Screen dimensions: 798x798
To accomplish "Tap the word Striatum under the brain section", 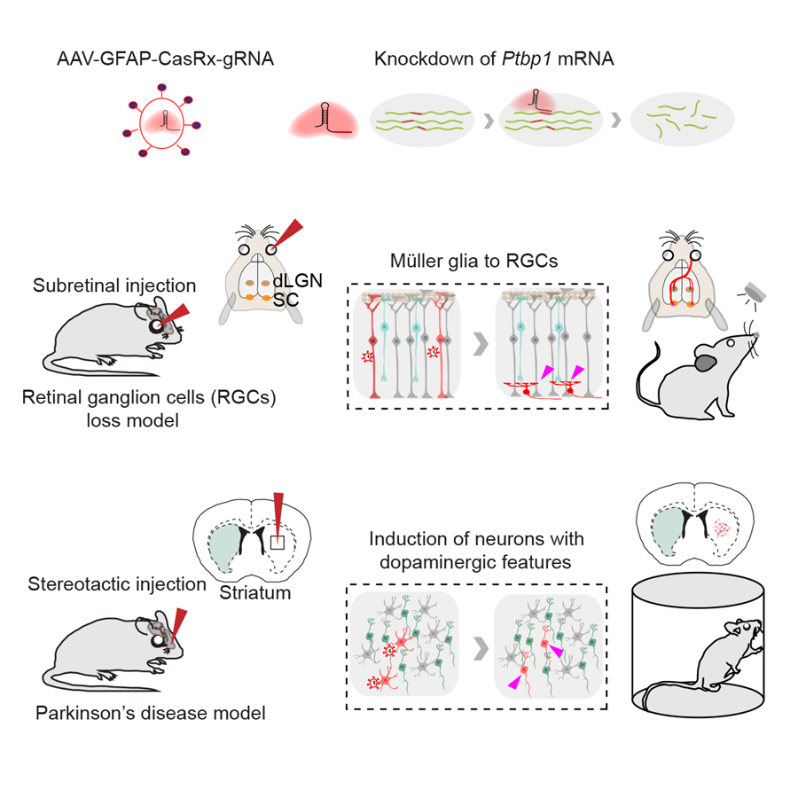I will coord(256,593).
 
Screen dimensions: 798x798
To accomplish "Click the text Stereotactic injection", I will coord(117,584).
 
